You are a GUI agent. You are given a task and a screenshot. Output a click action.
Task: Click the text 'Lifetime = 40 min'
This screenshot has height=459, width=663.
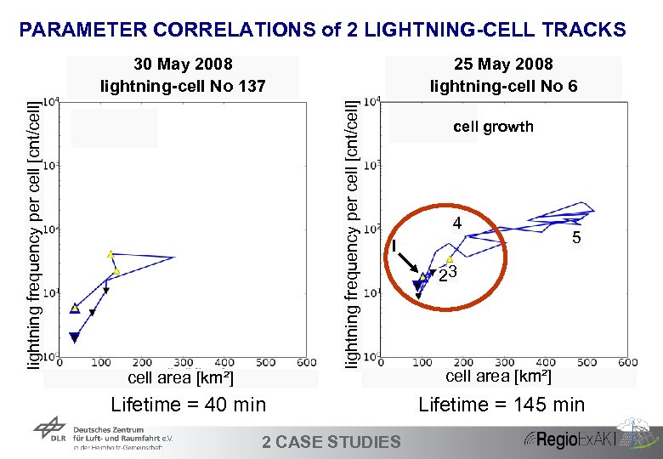[x=188, y=405]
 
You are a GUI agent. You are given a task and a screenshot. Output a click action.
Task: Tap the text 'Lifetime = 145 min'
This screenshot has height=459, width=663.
[x=501, y=405]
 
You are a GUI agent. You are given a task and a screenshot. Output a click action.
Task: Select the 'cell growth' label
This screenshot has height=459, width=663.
[x=493, y=127]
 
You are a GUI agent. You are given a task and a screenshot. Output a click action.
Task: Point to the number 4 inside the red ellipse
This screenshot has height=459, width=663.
[x=456, y=224]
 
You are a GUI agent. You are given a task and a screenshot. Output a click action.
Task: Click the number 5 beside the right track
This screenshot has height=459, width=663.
[x=576, y=239]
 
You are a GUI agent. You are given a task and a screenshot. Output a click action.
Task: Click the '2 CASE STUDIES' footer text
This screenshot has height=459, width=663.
[x=331, y=441]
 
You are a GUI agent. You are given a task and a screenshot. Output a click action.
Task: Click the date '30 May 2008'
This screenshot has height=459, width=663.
[x=183, y=65]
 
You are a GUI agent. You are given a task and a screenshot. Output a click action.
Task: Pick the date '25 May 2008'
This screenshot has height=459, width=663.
[x=503, y=65]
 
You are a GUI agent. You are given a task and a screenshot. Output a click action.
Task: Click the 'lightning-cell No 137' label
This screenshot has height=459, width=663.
[x=183, y=86]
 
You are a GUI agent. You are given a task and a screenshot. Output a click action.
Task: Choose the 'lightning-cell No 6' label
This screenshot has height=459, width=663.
[x=503, y=86]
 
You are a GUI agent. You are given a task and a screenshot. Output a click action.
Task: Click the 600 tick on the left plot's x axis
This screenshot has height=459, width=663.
[x=306, y=363]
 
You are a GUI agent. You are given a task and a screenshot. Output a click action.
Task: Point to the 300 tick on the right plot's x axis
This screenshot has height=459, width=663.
[x=504, y=363]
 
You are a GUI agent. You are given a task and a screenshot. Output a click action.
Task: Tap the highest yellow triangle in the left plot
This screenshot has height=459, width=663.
[x=110, y=253]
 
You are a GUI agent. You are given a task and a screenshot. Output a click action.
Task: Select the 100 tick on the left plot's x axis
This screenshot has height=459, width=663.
[x=102, y=363]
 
